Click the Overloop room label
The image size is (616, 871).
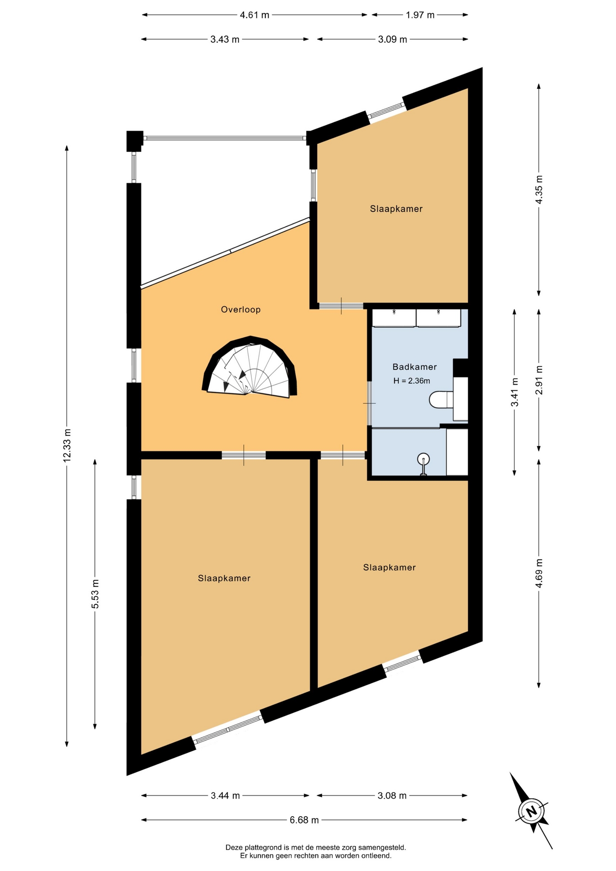coord(240,310)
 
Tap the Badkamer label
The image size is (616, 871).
coord(415,367)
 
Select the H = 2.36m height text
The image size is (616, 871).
coord(411,381)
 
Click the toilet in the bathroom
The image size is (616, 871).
coord(441,400)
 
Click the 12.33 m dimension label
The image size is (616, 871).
coord(67,445)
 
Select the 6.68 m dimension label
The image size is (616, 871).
coord(304,820)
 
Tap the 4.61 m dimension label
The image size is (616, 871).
coord(254,15)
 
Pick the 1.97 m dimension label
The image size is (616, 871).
coord(420,15)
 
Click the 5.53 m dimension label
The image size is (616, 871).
coord(95,594)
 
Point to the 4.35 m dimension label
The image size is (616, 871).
coord(539,190)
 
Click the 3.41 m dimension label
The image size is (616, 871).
coord(514,392)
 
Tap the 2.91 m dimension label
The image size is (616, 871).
coord(539,380)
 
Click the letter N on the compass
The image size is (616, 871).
coord(531,811)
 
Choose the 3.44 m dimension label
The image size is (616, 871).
coord(225,795)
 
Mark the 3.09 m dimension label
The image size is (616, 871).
coord(392,39)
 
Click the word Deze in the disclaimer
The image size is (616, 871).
coord(234,847)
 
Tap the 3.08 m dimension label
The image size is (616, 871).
coord(392,795)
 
